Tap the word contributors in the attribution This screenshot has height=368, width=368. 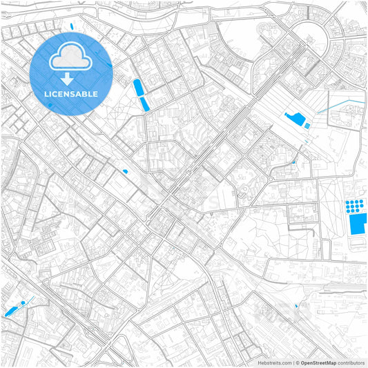pyautogui.click(x=351, y=362)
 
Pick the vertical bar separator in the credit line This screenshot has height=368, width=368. pyautogui.click(x=292, y=362)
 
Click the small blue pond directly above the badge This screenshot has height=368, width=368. pyautogui.click(x=72, y=28)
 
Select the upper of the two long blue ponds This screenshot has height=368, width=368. pyautogui.click(x=137, y=88)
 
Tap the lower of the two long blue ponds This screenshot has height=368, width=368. pyautogui.click(x=144, y=104)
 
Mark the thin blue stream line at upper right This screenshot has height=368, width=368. pyautogui.click(x=342, y=104)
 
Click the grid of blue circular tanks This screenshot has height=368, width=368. pyautogui.click(x=354, y=206)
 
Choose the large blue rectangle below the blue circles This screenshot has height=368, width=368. pyautogui.click(x=358, y=223)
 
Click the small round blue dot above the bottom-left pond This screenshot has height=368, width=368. pyautogui.click(x=30, y=300)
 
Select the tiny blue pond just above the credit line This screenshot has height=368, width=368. pyautogui.click(x=297, y=305)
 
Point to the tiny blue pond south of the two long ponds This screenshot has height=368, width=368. pyautogui.click(x=125, y=171)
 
